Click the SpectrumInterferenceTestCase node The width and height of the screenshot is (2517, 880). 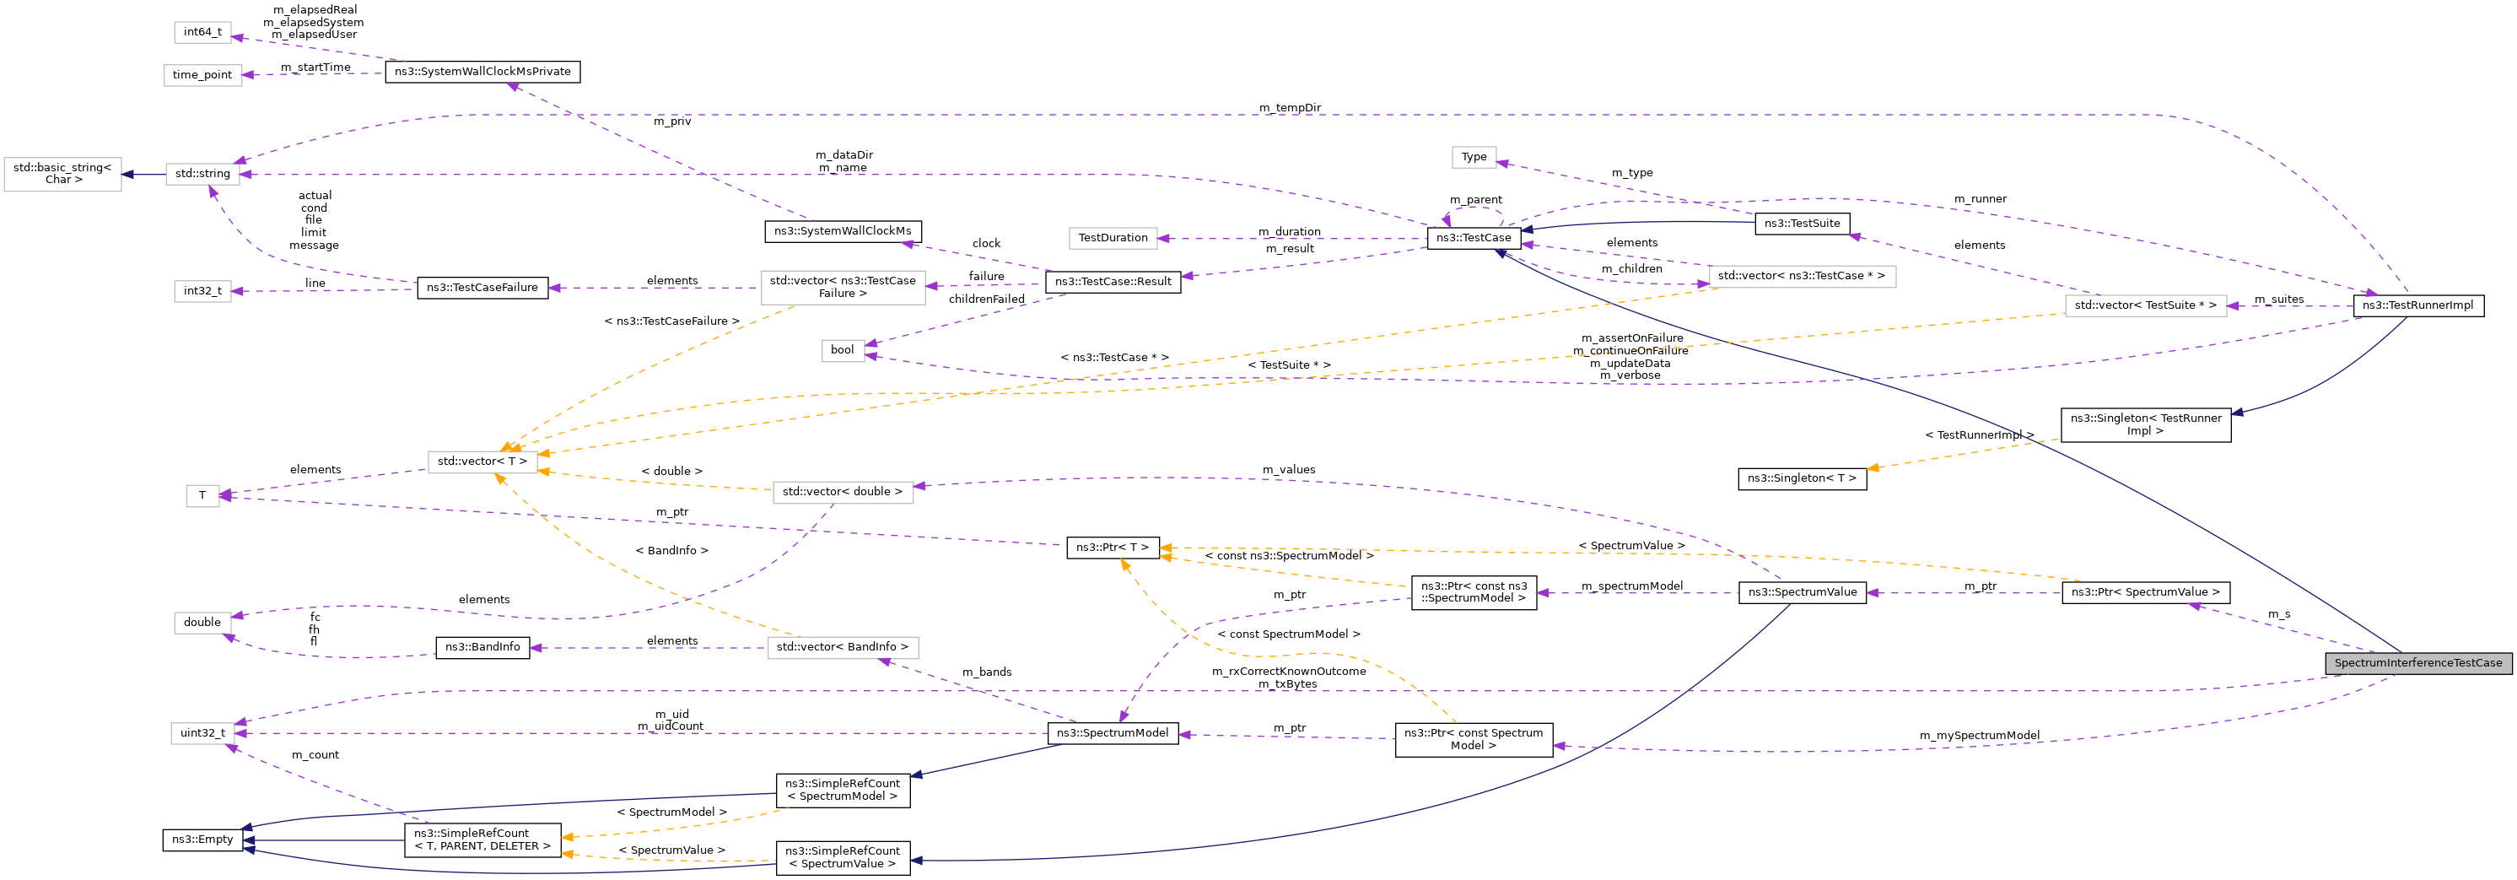click(x=2417, y=663)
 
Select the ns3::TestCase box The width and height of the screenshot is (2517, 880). click(x=1473, y=238)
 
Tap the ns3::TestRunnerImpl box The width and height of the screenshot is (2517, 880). click(x=2417, y=305)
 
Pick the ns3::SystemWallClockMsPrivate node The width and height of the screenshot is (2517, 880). click(x=482, y=72)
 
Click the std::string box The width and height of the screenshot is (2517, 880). click(x=202, y=174)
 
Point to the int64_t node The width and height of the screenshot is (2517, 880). click(x=202, y=32)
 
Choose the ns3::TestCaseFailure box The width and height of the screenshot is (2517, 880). click(x=482, y=288)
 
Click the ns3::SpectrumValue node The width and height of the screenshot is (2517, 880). click(x=1802, y=591)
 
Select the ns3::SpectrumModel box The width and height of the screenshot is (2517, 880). click(x=1112, y=732)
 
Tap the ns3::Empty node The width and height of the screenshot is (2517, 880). click(x=202, y=839)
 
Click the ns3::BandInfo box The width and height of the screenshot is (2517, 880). click(x=482, y=646)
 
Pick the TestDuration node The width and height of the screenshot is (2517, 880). click(x=1112, y=238)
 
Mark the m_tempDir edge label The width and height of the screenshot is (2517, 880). click(x=1289, y=107)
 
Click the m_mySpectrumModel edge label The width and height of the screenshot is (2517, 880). click(x=1979, y=735)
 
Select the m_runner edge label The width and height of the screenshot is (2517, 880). click(x=1980, y=198)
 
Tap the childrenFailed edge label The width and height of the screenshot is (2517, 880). click(x=986, y=300)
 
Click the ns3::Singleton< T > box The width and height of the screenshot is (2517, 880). click(x=1801, y=478)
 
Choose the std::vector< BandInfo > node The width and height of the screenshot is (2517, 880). click(x=843, y=646)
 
